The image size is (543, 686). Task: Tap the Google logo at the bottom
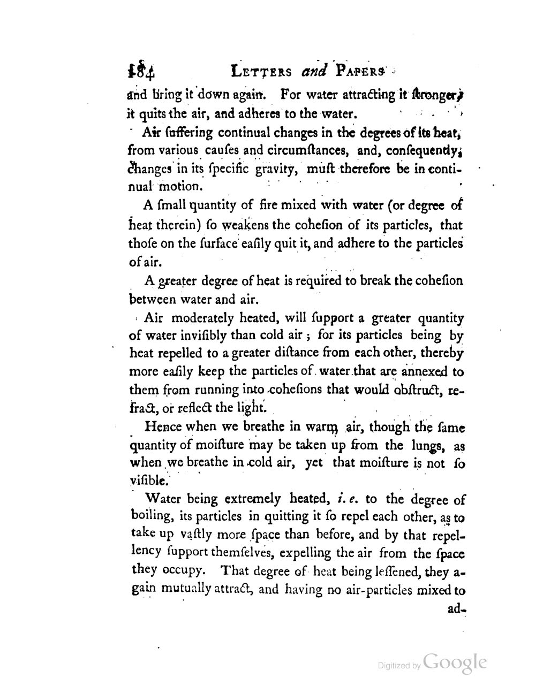click(x=454, y=662)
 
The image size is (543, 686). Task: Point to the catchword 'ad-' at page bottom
click(x=456, y=609)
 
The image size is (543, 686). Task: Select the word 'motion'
click(x=180, y=187)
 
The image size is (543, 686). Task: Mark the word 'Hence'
click(x=163, y=428)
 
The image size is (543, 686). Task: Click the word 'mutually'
click(x=184, y=590)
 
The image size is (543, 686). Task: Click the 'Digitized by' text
click(x=399, y=666)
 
